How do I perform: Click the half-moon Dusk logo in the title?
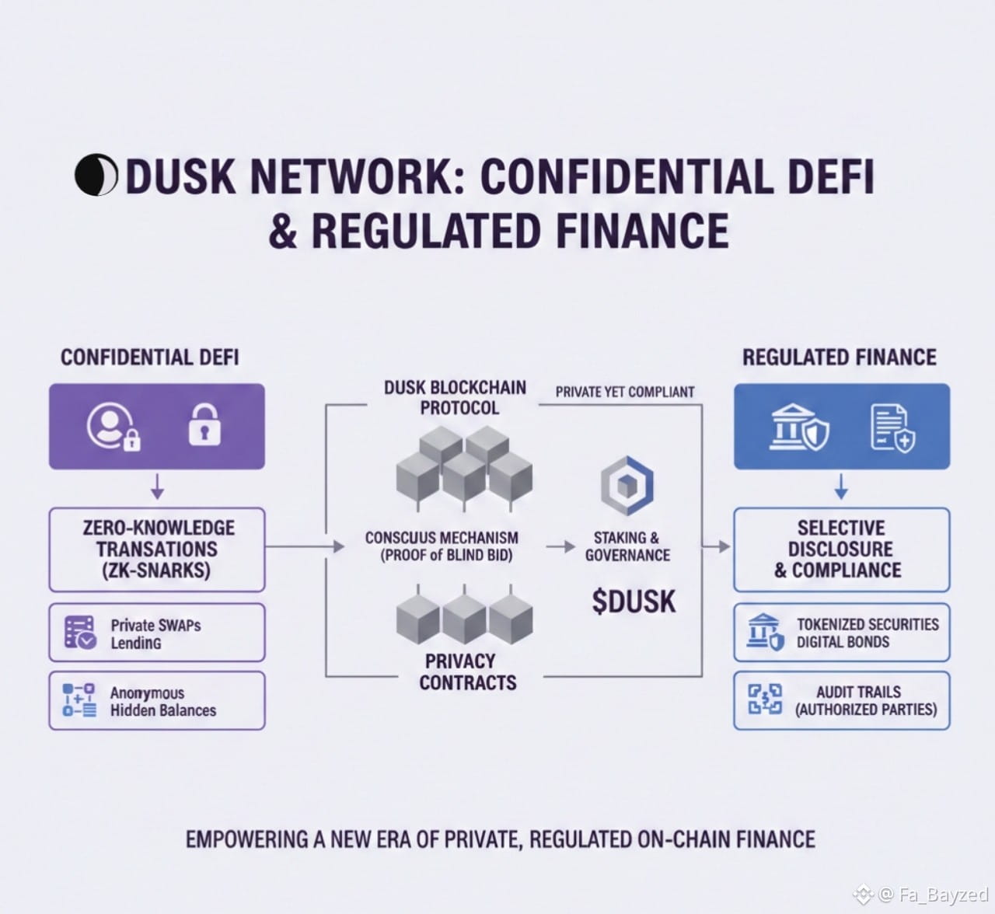tap(96, 176)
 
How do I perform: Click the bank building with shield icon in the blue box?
tap(799, 427)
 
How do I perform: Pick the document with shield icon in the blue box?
tap(892, 427)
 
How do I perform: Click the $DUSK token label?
tap(634, 602)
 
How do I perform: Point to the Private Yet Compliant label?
tap(625, 392)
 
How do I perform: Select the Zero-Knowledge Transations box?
tap(157, 549)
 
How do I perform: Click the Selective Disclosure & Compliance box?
tap(841, 549)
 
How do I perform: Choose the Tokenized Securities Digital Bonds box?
tap(841, 633)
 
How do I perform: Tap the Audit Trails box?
tap(841, 700)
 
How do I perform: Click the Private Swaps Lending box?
tap(157, 633)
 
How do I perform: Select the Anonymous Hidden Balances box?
tap(157, 700)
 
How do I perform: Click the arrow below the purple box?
tap(157, 488)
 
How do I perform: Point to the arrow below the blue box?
tap(841, 488)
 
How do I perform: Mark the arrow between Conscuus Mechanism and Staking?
tap(560, 547)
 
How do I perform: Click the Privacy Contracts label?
tap(467, 672)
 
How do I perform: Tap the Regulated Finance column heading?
tap(840, 358)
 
